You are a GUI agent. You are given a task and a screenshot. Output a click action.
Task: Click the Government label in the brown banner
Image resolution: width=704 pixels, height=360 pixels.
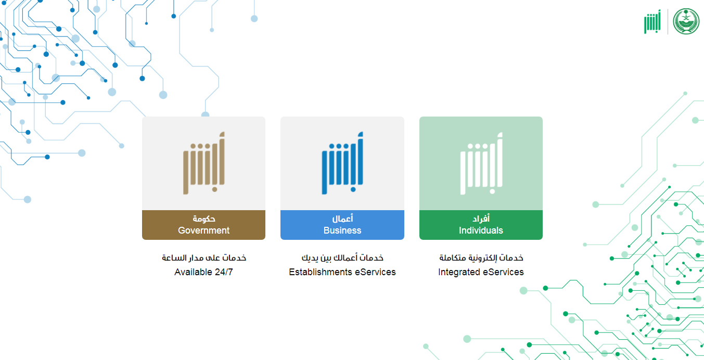coord(203,230)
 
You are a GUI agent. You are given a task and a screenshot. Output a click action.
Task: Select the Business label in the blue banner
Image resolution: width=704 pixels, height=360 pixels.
coord(342,230)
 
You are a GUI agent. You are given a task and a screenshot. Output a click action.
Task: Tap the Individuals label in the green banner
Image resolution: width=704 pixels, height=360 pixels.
coord(481,230)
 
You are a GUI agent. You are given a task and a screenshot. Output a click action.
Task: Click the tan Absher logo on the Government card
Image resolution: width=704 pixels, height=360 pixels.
coord(204,163)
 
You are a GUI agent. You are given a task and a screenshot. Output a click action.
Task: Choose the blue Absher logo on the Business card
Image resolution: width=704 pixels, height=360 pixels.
coord(342,163)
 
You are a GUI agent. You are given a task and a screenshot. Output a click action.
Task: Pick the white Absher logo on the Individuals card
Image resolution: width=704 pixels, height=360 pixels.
coord(481,163)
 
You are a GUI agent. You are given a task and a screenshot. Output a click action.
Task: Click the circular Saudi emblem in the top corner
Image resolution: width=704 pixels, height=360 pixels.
coord(686,21)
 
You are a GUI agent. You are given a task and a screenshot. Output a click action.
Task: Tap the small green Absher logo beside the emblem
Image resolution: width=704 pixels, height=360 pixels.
coord(652,21)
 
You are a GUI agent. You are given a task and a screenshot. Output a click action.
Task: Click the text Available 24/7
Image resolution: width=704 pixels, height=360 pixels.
coord(203,272)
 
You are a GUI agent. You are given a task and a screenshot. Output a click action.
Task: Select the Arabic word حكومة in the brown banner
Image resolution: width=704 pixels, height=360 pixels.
coord(204,218)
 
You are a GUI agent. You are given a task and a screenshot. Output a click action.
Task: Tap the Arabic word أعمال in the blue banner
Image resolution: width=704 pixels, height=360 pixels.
coord(342,218)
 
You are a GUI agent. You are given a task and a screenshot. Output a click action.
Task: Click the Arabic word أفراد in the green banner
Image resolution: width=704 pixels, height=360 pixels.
coord(481,218)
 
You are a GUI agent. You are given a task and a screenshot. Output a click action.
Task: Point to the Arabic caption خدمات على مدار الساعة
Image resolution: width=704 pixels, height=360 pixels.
coord(204,258)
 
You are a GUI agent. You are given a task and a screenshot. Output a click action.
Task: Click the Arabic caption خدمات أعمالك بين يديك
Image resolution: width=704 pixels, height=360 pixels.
coord(342,258)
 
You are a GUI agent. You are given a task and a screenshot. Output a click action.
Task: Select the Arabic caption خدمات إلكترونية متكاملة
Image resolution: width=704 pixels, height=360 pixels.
coord(481,258)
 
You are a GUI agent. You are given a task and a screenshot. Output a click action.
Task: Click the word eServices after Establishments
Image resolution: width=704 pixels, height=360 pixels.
coord(375,272)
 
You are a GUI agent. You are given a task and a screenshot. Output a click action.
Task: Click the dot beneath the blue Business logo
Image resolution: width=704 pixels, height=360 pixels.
coord(353,189)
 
